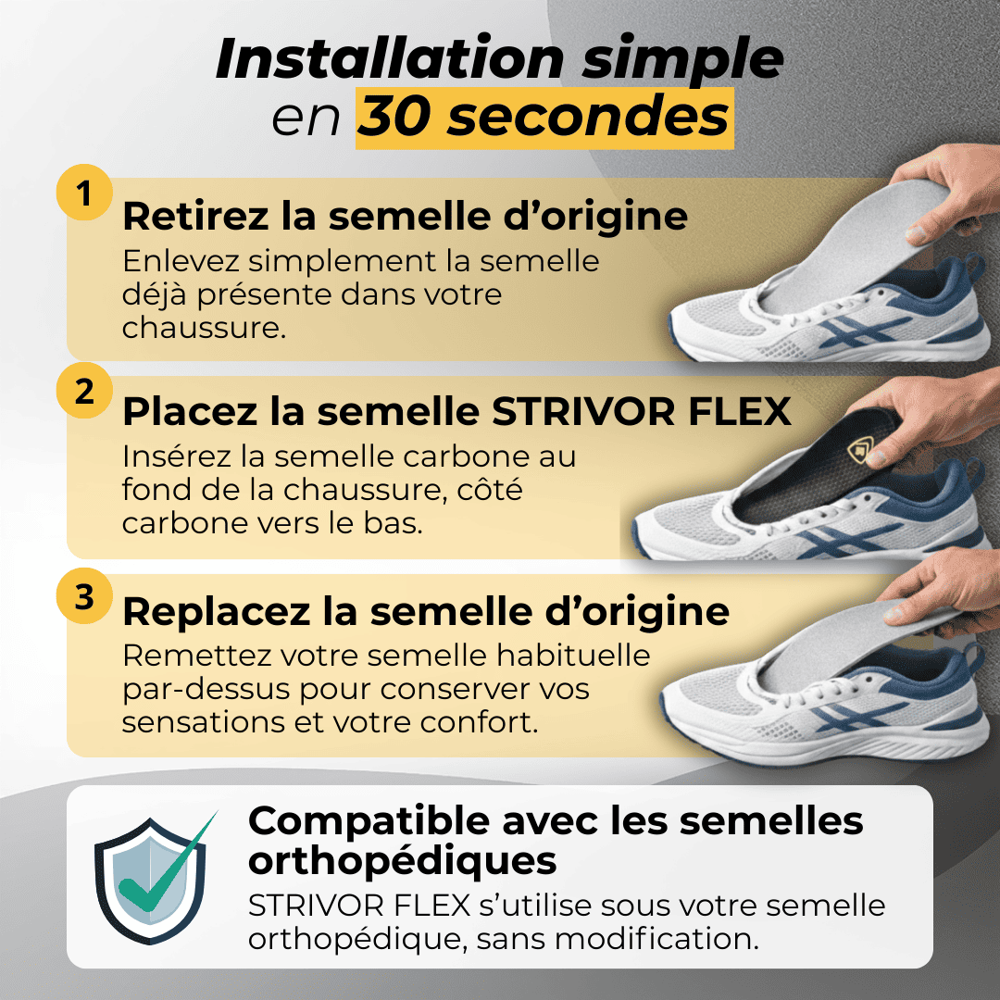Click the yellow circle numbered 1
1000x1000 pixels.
(84, 193)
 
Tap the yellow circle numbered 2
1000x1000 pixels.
(84, 391)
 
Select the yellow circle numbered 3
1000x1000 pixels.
(84, 595)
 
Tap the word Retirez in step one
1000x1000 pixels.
(195, 216)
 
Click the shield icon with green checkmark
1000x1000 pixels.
(153, 878)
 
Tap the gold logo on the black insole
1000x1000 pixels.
(860, 450)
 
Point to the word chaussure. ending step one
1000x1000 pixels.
(203, 328)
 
